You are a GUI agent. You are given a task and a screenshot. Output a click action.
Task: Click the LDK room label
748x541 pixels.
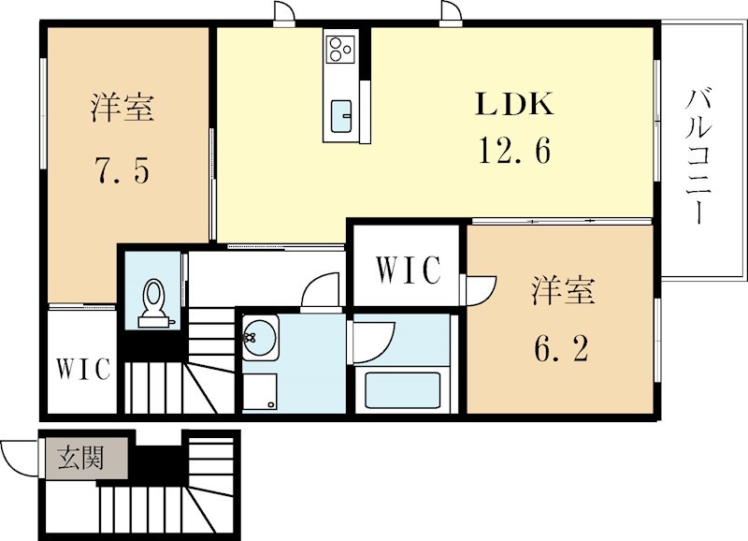514,104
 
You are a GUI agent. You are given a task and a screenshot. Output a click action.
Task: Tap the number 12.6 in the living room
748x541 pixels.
514,150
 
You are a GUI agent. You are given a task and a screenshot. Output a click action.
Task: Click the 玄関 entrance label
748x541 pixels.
80,458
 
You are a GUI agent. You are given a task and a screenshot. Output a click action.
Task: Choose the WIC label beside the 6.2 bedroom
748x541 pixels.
408,270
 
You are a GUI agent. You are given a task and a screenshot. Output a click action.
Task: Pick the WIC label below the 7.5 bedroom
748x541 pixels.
83,368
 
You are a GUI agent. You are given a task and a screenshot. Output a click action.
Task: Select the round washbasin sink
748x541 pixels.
259,337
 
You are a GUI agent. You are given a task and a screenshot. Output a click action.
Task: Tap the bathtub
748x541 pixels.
402,389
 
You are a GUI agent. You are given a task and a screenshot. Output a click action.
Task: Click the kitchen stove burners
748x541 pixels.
340,49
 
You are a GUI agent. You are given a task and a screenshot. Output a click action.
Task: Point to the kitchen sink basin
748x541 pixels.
341,115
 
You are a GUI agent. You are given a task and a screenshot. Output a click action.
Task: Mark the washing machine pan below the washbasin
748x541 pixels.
260,391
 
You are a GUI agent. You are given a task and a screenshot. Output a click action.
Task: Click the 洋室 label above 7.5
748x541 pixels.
122,108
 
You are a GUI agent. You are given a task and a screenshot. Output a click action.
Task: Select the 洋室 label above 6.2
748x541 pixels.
563,290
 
